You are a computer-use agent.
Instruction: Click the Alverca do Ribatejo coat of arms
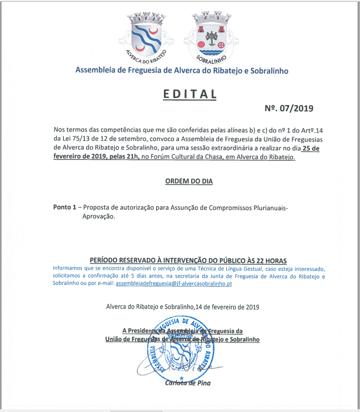(x=145, y=39)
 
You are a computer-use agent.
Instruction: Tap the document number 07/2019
(x=296, y=108)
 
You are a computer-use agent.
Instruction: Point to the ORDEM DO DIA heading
(x=189, y=182)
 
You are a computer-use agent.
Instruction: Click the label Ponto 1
(x=65, y=207)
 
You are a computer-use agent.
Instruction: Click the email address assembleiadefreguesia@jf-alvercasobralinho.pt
(x=174, y=284)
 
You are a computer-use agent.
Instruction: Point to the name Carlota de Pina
(x=188, y=383)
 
